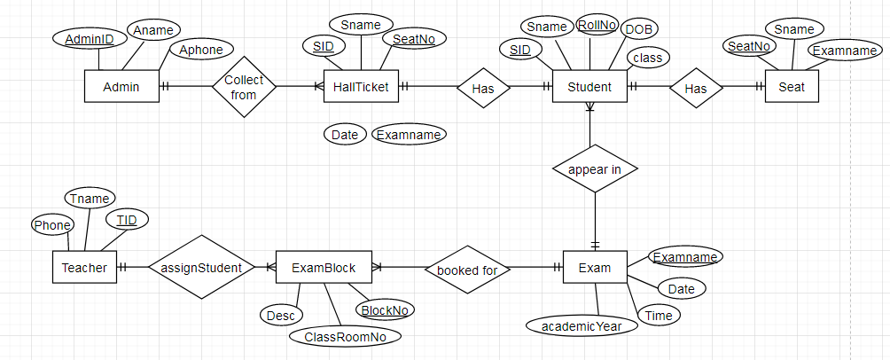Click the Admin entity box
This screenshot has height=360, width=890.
coord(121,86)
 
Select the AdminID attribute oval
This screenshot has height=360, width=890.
coord(90,39)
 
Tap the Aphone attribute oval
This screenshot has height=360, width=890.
coord(201,50)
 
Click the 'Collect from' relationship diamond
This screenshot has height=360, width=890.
coord(244,87)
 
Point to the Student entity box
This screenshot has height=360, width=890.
coord(589,86)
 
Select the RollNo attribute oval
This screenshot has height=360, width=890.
coord(597,26)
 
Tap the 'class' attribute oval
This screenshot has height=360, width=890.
coord(647,58)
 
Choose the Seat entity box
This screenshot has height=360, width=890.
coord(792,87)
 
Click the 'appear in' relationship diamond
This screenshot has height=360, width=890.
coord(594,169)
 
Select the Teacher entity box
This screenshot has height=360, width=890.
coord(84,267)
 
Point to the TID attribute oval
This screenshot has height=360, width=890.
coord(127,218)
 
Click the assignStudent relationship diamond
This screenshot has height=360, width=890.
coord(201,267)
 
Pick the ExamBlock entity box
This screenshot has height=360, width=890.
coord(324,267)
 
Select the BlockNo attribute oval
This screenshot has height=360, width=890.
coord(385,309)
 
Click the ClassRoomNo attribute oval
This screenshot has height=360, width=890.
coord(345,336)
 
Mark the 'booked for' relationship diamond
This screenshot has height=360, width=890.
coord(466,269)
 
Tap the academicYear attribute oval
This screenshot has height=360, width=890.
coord(582,325)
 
